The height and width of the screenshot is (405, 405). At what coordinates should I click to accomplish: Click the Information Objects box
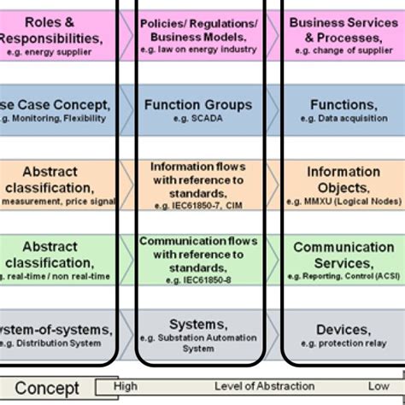[x=342, y=181]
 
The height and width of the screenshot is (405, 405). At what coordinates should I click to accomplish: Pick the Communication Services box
[x=342, y=256]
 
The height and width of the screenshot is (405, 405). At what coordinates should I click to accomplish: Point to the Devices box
[x=342, y=333]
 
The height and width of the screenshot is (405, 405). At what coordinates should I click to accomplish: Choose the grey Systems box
[x=198, y=333]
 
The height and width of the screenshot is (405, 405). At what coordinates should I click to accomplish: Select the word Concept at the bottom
[x=47, y=389]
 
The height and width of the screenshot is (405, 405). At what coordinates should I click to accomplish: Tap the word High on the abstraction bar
[x=125, y=386]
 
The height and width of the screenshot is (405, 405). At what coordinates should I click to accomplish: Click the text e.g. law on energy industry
[x=198, y=50]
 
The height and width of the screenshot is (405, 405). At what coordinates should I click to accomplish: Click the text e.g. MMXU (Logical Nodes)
[x=343, y=197]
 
